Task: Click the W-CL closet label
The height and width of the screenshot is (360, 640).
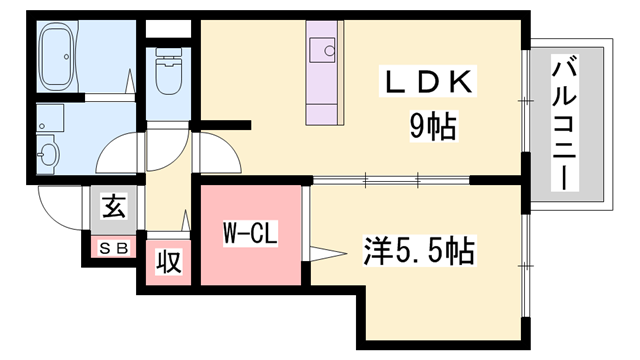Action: click(249, 236)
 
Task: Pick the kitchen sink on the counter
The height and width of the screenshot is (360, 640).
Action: click(325, 47)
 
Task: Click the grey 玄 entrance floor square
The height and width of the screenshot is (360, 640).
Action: click(113, 210)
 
